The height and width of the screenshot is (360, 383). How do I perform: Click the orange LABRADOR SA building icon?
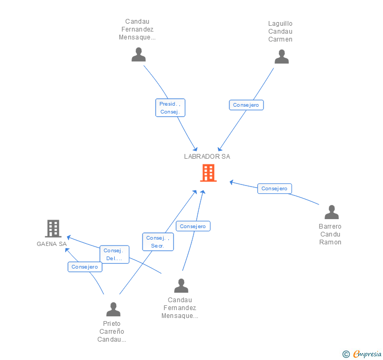(x=208, y=173)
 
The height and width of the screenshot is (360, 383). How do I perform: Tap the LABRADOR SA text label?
(x=207, y=156)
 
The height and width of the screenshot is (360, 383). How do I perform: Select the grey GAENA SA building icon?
(x=53, y=229)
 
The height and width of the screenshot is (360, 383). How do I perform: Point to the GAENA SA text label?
(x=52, y=244)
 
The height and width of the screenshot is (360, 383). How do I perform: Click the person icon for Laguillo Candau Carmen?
(x=281, y=57)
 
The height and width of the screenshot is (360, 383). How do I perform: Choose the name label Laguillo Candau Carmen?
(x=280, y=32)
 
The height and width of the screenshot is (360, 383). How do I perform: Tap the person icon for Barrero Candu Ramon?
(x=331, y=212)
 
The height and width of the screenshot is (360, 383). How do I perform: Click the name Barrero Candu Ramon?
(x=330, y=234)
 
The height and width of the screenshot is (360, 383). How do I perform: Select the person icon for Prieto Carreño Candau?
(x=113, y=310)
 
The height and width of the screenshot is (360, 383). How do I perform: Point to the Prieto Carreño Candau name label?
(x=112, y=332)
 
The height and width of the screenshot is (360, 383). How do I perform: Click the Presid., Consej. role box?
(x=170, y=108)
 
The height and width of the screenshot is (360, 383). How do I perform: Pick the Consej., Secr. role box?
(x=158, y=242)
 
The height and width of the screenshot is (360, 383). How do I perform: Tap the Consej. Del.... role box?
(x=114, y=254)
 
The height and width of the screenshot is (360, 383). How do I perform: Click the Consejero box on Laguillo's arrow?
(x=246, y=105)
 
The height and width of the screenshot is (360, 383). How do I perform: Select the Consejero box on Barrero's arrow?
(x=274, y=189)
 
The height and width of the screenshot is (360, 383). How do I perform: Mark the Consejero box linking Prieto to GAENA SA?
(x=85, y=267)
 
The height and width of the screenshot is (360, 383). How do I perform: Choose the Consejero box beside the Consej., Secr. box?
(x=193, y=227)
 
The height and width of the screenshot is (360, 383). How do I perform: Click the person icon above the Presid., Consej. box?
(x=138, y=55)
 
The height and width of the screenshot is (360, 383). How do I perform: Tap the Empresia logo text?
(x=367, y=354)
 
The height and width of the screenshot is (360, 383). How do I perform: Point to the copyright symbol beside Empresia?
(x=346, y=354)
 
